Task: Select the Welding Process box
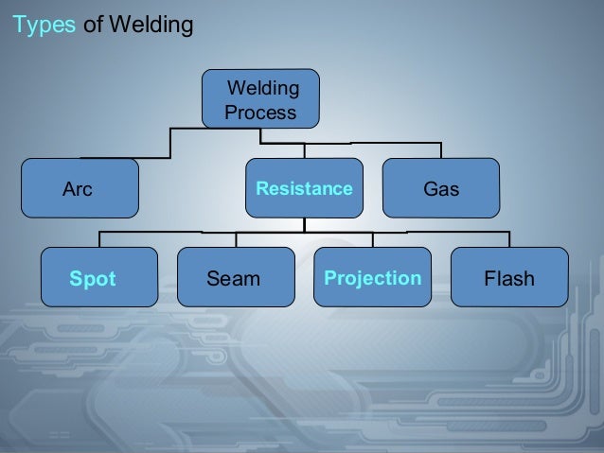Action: coord(261,100)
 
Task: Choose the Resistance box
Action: coord(304,188)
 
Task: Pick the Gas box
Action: coord(441,188)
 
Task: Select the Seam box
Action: coord(235,278)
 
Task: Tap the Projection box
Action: coord(372,278)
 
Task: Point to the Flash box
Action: coord(509,278)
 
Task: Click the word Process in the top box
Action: coord(260,113)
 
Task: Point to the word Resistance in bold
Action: coord(304,189)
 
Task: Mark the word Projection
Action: coord(372,278)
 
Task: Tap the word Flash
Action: coord(509,279)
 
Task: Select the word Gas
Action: coord(441,189)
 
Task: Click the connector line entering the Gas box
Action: coord(440,151)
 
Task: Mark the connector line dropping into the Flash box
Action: coord(509,238)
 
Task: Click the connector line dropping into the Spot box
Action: coord(98,238)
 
